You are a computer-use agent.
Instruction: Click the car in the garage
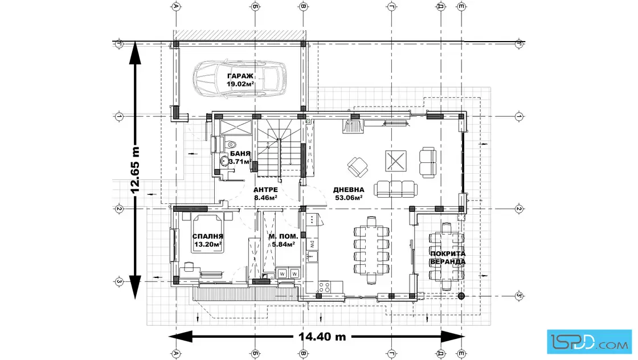pos(239,79)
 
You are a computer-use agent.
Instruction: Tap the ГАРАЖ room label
pos(240,76)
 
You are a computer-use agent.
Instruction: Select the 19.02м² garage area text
pos(240,84)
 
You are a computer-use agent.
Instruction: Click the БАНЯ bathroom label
pos(240,154)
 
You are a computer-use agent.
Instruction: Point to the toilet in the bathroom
pos(230,144)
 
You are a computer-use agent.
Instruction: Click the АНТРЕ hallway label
pos(265,190)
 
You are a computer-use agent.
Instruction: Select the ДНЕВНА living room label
pos(349,190)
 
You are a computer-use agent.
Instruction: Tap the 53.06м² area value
pos(349,198)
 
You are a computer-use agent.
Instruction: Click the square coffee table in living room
pos(396,161)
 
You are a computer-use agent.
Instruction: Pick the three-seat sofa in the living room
pos(395,189)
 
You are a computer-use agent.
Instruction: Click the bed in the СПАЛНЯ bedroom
pos(207,233)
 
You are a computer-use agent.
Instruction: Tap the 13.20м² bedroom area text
pos(207,244)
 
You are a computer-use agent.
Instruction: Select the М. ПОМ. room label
pos(283,236)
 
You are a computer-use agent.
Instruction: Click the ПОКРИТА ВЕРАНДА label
pos(448,257)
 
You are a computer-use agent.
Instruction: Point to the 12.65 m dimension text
pos(135,170)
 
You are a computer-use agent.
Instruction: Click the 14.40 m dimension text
pos(322,337)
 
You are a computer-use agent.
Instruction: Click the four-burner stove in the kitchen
pos(324,287)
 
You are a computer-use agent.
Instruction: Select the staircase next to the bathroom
pos(280,148)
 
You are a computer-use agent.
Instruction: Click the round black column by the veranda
pos(461,296)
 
